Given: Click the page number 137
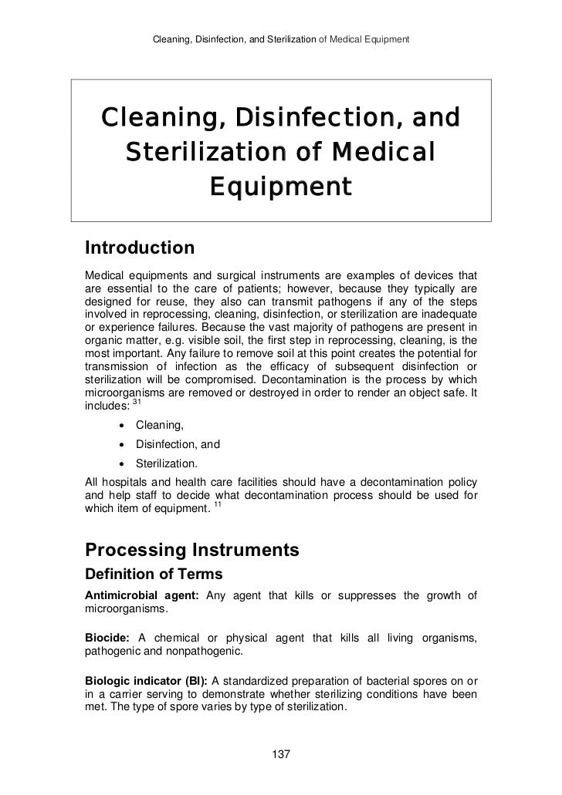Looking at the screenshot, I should point(281,753).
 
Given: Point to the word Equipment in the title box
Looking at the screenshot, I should point(281,187).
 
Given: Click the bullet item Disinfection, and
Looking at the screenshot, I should point(178,444).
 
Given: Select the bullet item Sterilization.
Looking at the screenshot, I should point(166,463).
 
